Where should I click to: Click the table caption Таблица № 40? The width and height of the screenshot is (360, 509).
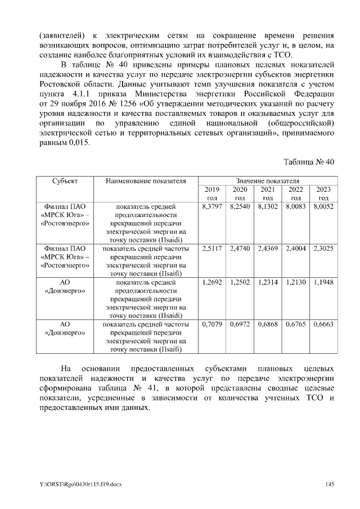point(309,161)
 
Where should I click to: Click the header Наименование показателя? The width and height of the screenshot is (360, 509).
point(145,181)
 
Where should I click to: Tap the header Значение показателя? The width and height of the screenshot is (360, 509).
point(267,181)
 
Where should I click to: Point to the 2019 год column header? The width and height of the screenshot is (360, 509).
point(212,193)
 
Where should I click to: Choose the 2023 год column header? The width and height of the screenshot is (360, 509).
point(323,193)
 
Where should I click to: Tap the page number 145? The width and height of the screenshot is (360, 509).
point(330,484)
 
